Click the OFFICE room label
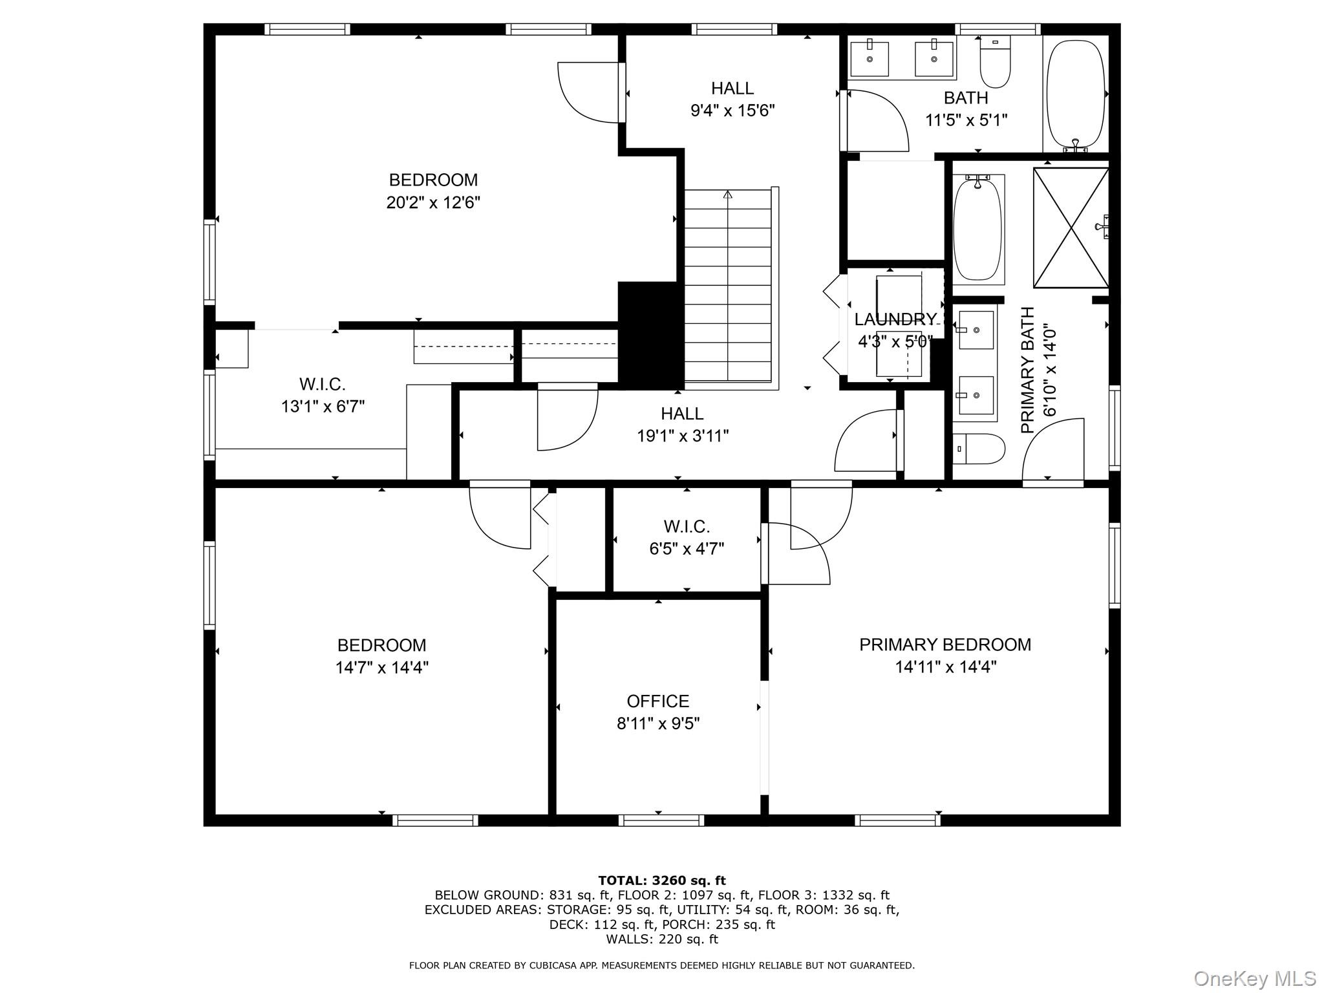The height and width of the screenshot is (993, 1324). tap(657, 701)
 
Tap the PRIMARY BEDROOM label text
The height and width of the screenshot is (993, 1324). tap(945, 645)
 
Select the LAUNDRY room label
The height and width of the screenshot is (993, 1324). tap(895, 319)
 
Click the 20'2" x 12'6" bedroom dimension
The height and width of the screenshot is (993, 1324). tap(432, 203)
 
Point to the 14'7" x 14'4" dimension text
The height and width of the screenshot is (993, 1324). tap(381, 667)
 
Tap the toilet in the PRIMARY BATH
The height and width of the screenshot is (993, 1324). tap(979, 448)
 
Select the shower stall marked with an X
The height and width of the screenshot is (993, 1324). tap(1071, 228)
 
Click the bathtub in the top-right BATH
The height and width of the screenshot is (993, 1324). tap(1075, 94)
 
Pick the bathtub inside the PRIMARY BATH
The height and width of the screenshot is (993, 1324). tap(977, 230)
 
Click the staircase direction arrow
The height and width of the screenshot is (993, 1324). tap(728, 194)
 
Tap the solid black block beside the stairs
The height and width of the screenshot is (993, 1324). tap(650, 335)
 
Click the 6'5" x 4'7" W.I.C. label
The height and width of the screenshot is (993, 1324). tap(686, 549)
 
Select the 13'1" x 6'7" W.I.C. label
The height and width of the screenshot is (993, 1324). tap(323, 407)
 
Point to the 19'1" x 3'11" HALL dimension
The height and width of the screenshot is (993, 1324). tap(682, 436)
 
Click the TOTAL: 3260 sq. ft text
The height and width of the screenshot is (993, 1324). tap(661, 881)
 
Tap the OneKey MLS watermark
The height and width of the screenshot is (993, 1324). tap(1254, 979)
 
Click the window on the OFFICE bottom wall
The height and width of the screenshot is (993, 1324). tap(661, 820)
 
